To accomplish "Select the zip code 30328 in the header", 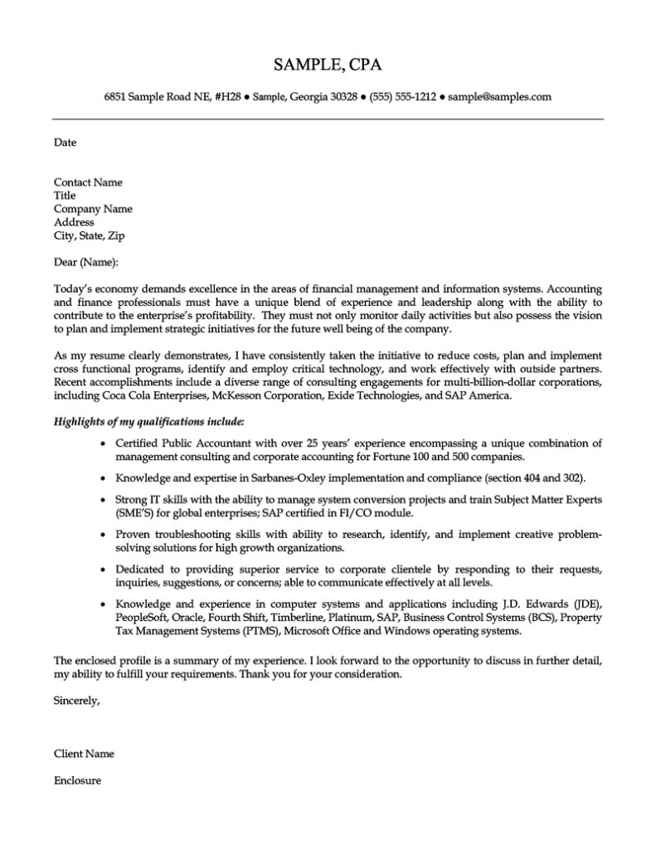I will [343, 97].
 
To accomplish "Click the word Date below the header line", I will [65, 143].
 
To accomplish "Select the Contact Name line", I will [88, 182].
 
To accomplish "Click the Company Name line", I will [93, 209].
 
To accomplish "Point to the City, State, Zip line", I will [90, 235].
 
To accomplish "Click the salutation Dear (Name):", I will [86, 262].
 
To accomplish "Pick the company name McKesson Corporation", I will [267, 395].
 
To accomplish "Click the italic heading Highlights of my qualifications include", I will [149, 422].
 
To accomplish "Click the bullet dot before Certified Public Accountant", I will [102, 444].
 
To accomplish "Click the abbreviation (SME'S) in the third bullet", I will [136, 513].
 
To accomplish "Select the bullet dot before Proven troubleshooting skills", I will [102, 536].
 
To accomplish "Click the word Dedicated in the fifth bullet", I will [142, 570].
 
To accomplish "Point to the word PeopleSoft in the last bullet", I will [143, 618].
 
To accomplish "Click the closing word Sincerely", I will [76, 701].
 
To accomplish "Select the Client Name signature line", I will [84, 754].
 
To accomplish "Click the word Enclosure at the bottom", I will [77, 780].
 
